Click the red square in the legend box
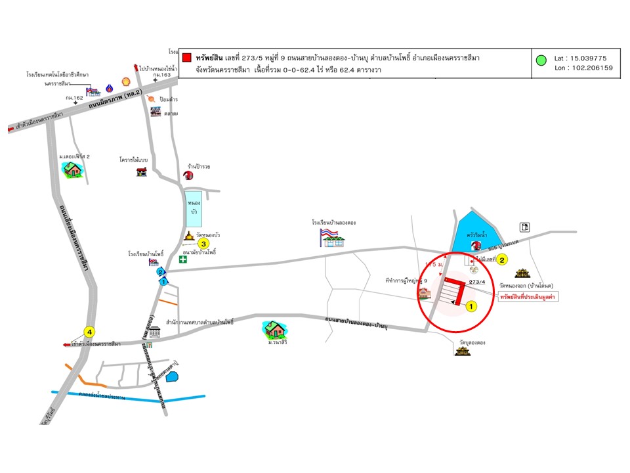[187, 58]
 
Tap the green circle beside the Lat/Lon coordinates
[541, 61]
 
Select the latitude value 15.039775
[585, 58]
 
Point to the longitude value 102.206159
[585, 67]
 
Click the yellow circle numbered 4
[89, 331]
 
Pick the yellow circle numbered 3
[204, 244]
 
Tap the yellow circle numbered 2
[502, 259]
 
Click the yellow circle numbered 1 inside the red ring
[471, 305]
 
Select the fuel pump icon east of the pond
[524, 227]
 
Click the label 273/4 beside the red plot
[478, 282]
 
